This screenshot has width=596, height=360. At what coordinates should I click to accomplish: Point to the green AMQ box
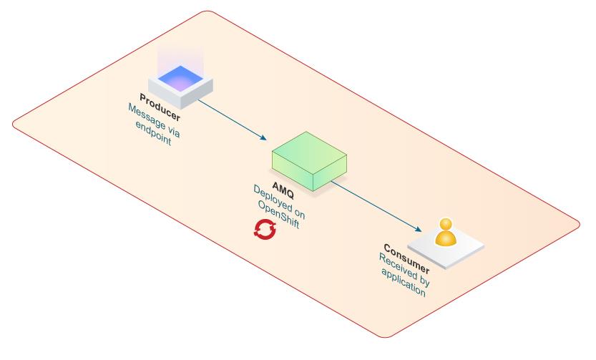pos(307,162)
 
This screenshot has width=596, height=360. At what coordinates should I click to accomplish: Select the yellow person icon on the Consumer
pos(446,232)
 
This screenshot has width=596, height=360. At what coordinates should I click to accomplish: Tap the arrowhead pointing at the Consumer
pos(417,230)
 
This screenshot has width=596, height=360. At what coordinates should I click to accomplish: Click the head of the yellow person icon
pos(446,223)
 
